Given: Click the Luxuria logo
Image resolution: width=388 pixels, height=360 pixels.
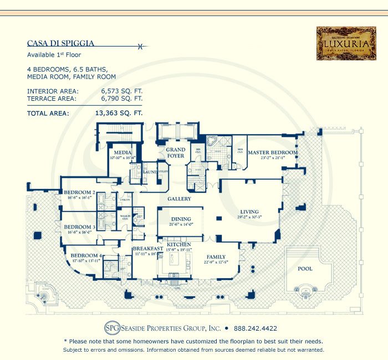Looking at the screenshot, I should pos(339,44).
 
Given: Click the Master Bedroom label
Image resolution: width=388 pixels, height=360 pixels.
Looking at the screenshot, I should pos(272,152).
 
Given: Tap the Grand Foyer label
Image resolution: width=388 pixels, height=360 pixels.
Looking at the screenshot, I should pos(176,152).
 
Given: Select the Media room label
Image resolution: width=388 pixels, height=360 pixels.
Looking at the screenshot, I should pos(122,152).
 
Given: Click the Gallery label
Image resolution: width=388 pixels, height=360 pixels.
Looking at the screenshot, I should pos(179,198).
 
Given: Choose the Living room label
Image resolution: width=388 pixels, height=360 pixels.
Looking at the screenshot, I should pos(249,211).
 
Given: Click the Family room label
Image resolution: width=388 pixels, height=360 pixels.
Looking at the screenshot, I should pos(217,257).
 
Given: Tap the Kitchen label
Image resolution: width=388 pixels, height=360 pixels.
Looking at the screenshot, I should pos(179,244).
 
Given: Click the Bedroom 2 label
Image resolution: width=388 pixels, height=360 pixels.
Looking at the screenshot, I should pos(79,192).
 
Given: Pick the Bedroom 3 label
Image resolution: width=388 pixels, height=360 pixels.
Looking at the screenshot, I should pos(79,227).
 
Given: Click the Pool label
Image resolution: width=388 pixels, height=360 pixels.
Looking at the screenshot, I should pos(305,269).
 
